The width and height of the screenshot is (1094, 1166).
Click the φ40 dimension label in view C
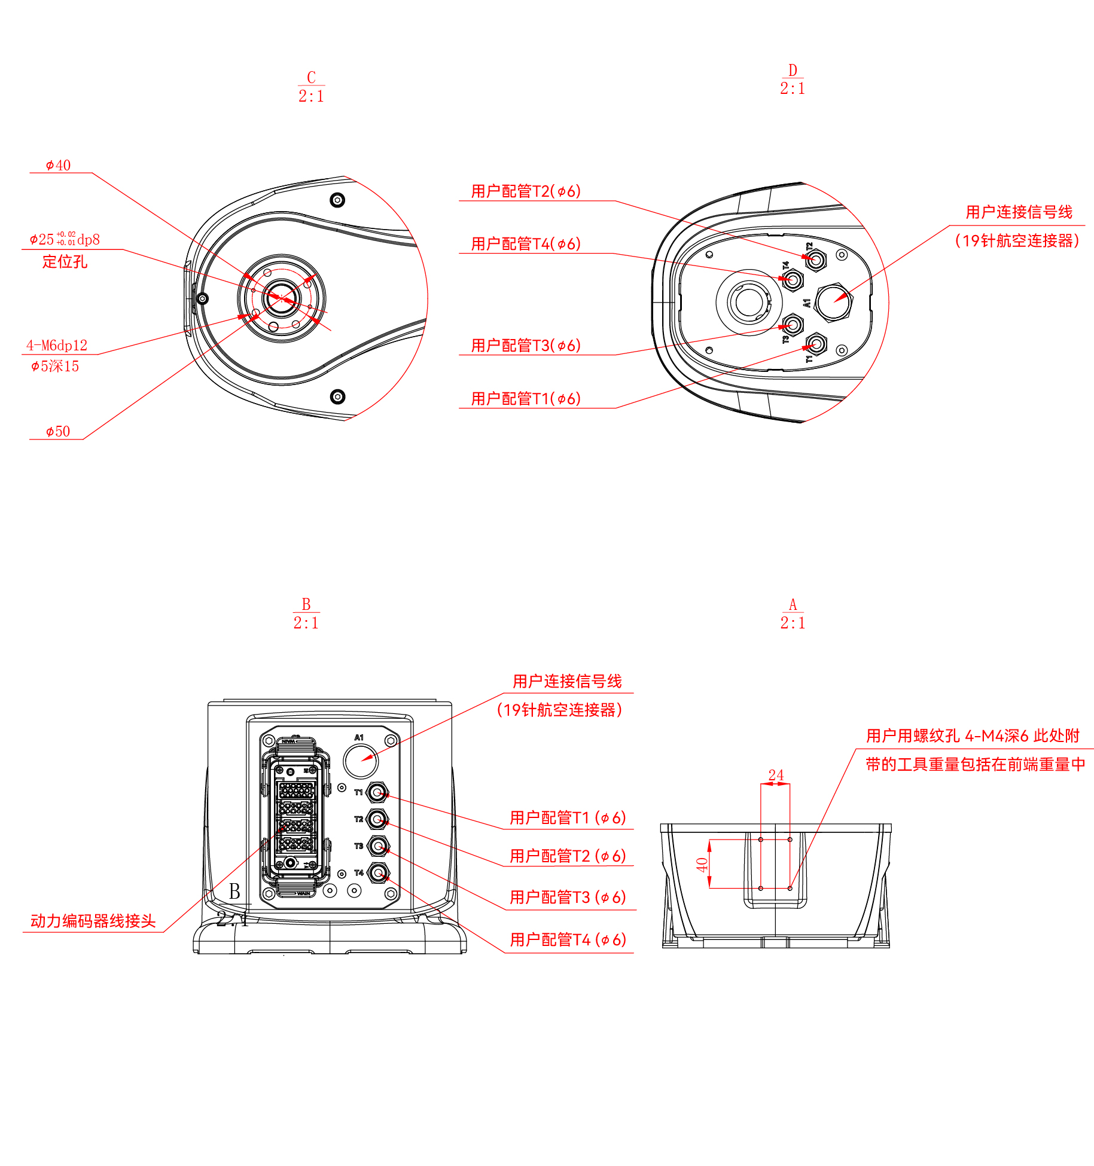[58, 165]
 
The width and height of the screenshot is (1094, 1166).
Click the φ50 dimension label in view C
[58, 431]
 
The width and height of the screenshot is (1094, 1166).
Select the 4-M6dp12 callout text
[57, 345]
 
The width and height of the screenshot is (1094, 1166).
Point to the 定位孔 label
[65, 261]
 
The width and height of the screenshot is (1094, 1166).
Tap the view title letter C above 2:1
[311, 77]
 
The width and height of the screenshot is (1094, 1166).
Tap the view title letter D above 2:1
[793, 70]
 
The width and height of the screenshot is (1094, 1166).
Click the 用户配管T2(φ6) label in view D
[526, 191]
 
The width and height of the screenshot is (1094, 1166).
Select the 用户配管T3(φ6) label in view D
[526, 346]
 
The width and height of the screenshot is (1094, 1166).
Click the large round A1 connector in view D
[833, 302]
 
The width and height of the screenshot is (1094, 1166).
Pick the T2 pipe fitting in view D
[816, 260]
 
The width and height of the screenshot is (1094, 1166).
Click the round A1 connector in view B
[361, 761]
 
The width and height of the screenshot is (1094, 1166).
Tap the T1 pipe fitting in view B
[377, 793]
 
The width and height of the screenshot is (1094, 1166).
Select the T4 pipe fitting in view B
[377, 873]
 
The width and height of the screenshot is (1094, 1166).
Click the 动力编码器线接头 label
[93, 921]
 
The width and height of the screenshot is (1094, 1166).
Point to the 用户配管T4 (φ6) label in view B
[568, 939]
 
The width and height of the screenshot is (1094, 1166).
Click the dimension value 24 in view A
[776, 775]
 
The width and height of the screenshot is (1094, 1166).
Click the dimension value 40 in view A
[702, 864]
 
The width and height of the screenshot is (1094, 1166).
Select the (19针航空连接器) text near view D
[1017, 240]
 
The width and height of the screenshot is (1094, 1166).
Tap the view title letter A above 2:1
[793, 604]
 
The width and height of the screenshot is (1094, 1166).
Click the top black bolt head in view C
[337, 200]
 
